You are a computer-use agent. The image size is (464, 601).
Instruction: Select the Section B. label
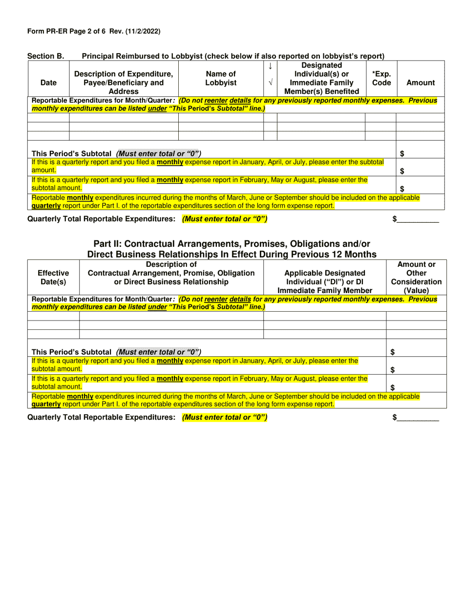pyautogui.click(x=45, y=56)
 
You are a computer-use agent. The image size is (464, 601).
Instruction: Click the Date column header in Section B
pyautogui.click(x=48, y=83)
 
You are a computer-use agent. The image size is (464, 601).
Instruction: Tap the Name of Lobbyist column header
pyautogui.click(x=221, y=78)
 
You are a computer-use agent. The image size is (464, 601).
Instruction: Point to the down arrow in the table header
pyautogui.click(x=270, y=66)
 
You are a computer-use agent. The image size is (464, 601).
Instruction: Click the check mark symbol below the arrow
pyautogui.click(x=270, y=83)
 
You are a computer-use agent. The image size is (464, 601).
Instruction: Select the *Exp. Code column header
pyautogui.click(x=381, y=78)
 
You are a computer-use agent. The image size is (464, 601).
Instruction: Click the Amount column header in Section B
pyautogui.click(x=421, y=83)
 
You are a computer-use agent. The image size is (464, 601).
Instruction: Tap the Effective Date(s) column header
pyautogui.click(x=53, y=278)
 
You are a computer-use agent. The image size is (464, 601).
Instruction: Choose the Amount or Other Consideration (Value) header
pyautogui.click(x=416, y=278)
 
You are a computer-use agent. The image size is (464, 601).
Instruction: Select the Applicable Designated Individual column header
pyautogui.click(x=325, y=282)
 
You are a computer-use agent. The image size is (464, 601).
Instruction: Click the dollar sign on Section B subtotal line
pyautogui.click(x=402, y=154)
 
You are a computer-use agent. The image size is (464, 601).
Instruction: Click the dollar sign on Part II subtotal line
pyautogui.click(x=393, y=352)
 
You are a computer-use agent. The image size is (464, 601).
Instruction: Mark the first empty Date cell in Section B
pyautogui.click(x=48, y=118)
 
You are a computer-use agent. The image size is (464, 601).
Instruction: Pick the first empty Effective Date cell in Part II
pyautogui.click(x=53, y=316)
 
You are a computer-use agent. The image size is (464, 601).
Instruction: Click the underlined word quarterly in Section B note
pyautogui.click(x=46, y=206)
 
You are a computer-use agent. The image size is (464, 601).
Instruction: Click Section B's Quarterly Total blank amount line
pyautogui.click(x=418, y=220)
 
